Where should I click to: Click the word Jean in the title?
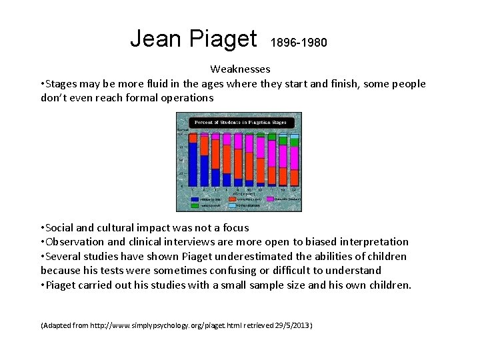[157, 39]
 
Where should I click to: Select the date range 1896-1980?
[299, 43]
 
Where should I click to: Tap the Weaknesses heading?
[240, 69]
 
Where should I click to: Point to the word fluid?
[166, 83]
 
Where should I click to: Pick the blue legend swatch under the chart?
[194, 199]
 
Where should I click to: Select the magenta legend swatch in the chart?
[270, 199]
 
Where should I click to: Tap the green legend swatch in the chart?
[194, 205]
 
